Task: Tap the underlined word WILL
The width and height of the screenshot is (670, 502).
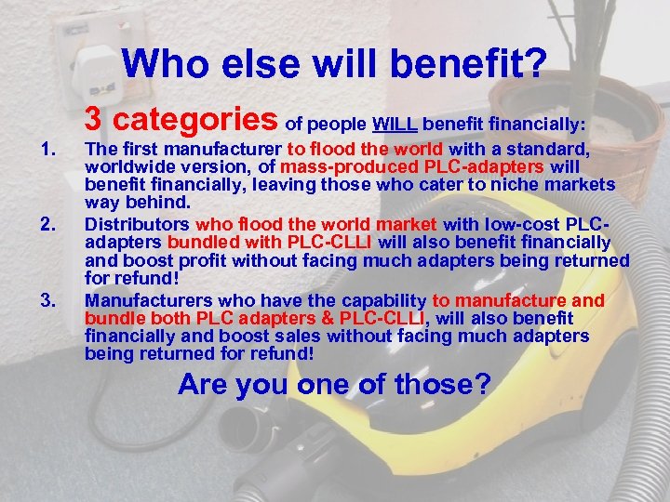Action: [x=395, y=124]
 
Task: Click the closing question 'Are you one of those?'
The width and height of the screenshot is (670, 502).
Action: [x=334, y=383]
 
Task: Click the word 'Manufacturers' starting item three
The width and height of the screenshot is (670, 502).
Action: [x=141, y=300]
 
